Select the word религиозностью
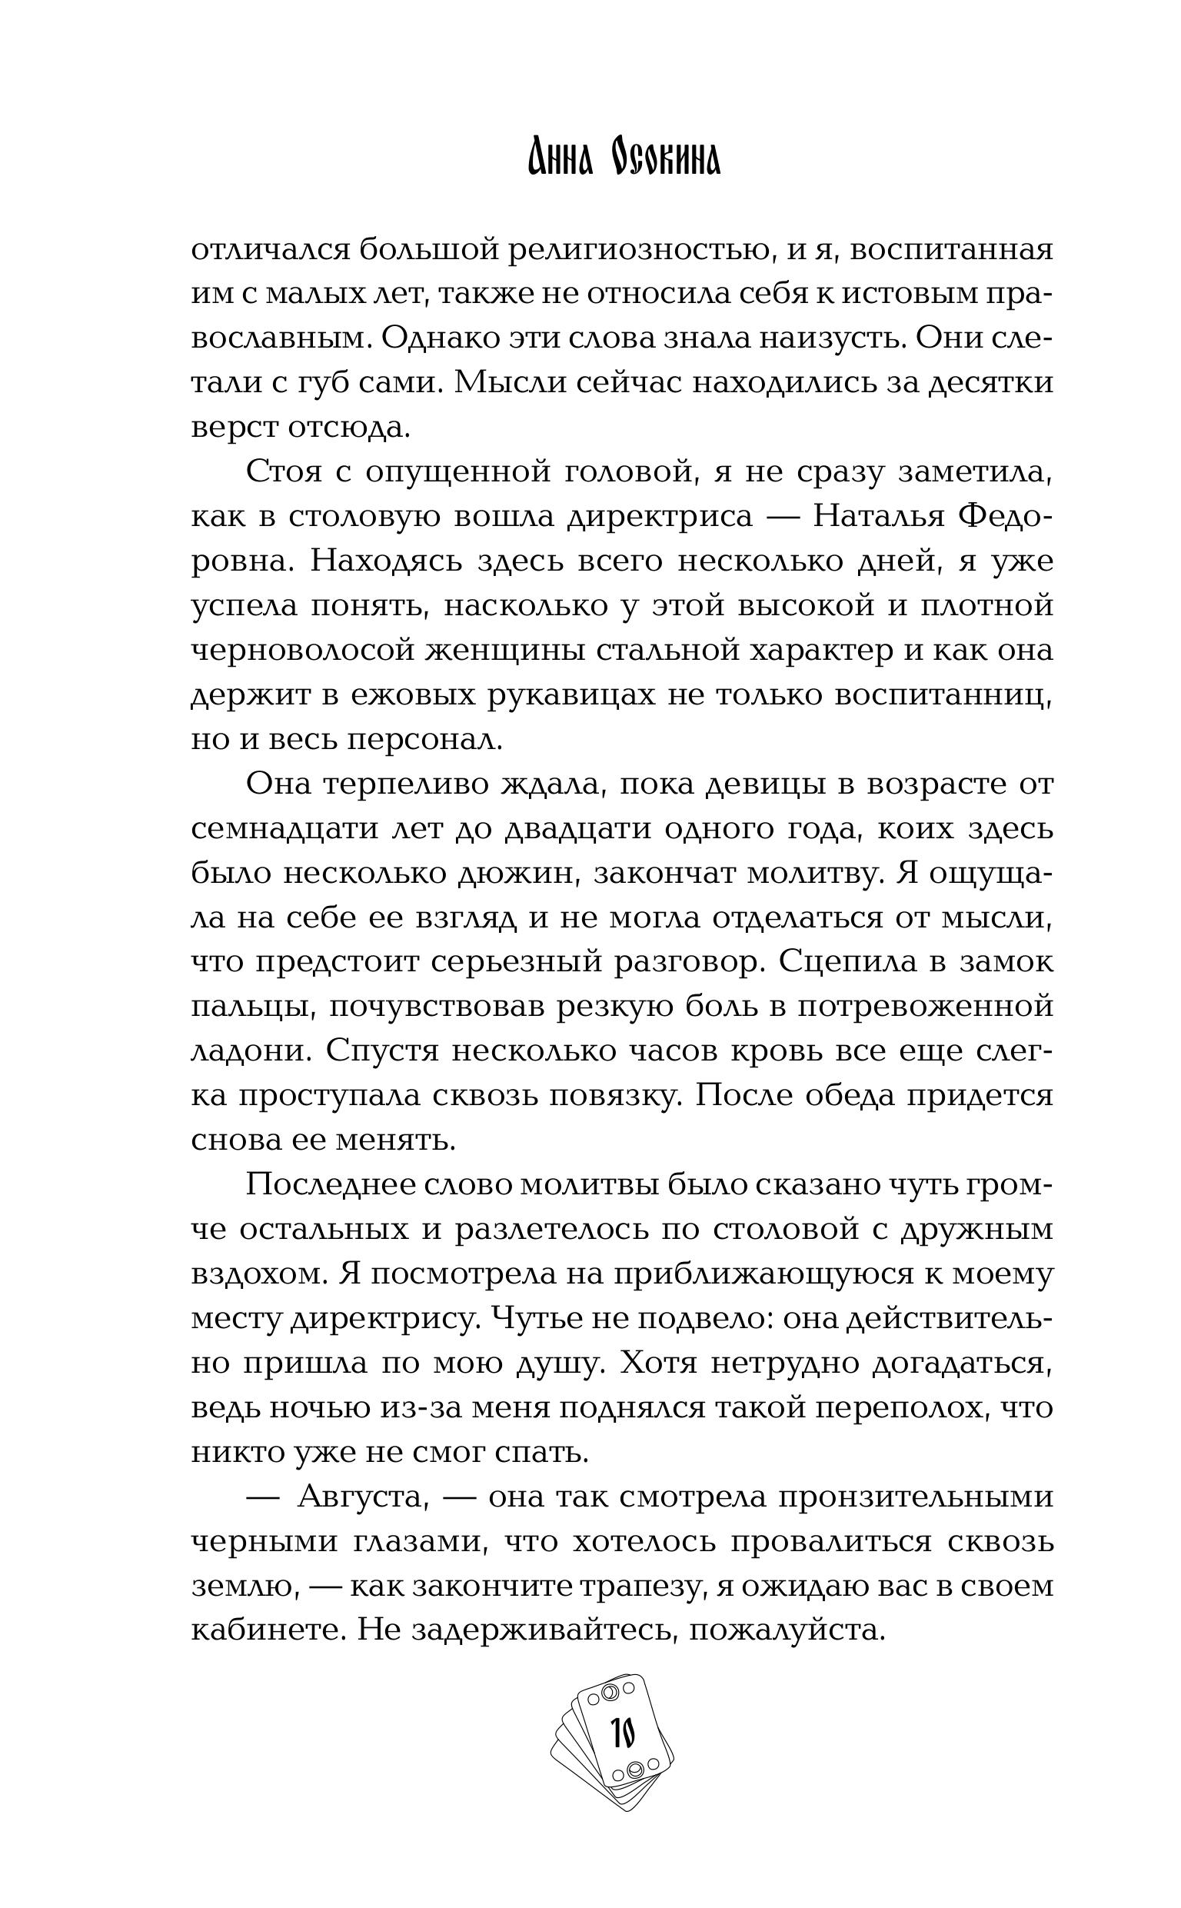pos(634,250)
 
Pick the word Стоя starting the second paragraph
pos(284,471)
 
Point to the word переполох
pos(893,1407)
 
